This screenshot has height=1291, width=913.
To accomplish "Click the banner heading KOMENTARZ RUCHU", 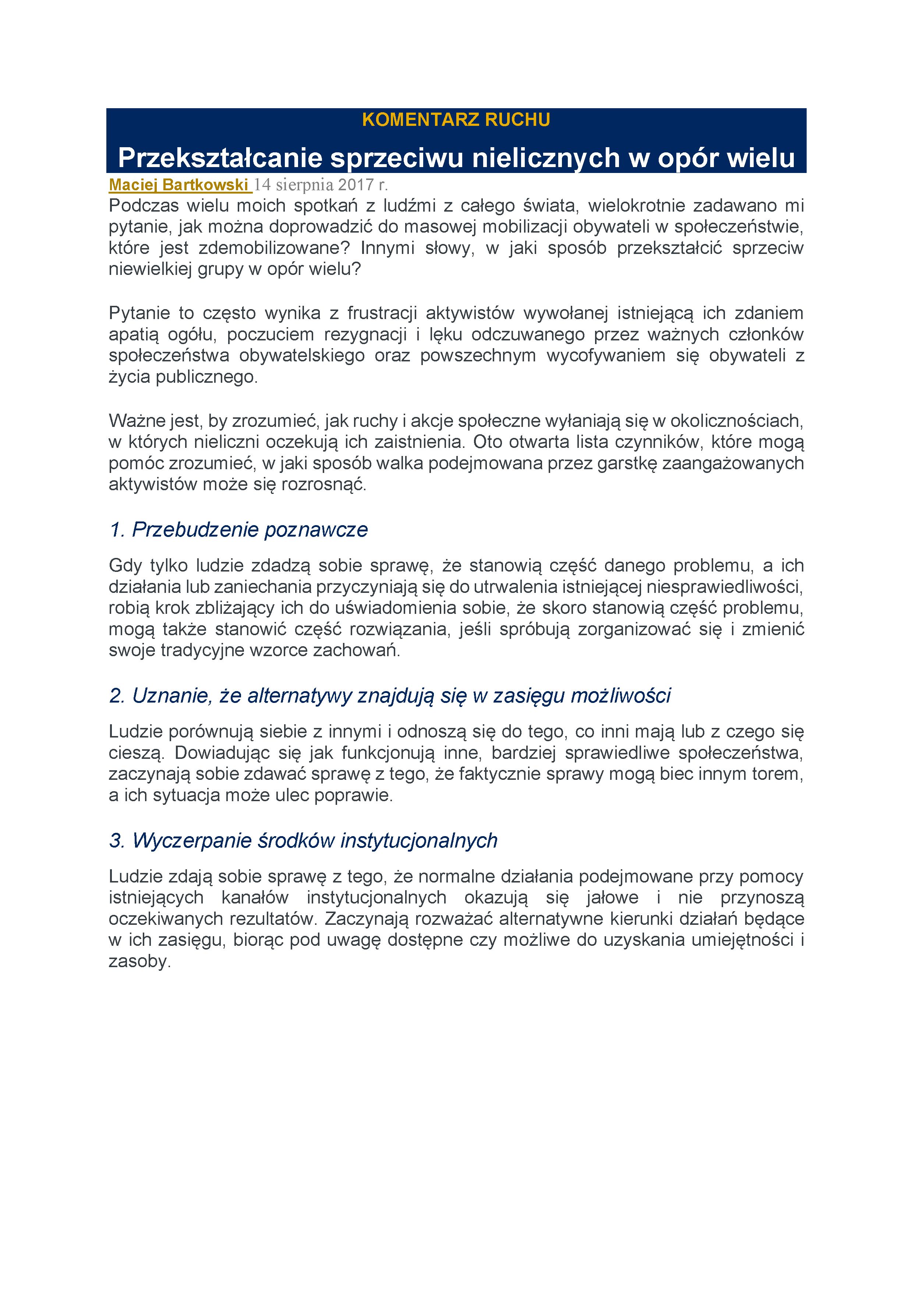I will tap(456, 120).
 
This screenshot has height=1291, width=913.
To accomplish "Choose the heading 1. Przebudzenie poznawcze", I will tap(239, 530).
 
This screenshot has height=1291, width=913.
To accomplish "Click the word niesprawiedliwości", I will tap(725, 587).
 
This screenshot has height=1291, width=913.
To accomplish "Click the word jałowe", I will tap(612, 897).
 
